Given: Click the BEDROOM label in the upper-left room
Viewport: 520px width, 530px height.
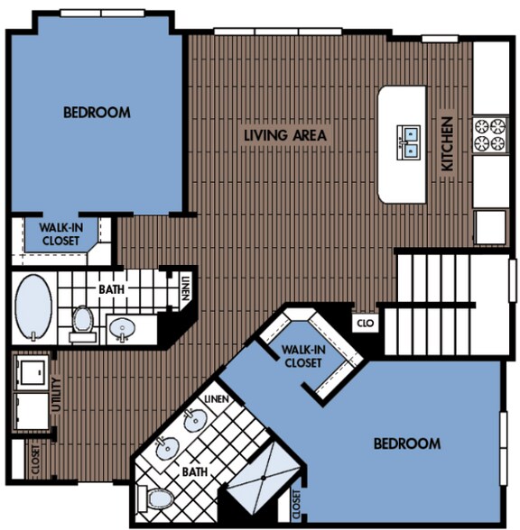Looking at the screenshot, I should [96, 113].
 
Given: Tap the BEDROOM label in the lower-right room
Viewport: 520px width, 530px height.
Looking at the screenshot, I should [407, 443].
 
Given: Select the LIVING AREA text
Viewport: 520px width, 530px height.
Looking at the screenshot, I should [285, 135].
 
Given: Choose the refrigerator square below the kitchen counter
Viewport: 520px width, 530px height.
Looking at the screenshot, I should [491, 226].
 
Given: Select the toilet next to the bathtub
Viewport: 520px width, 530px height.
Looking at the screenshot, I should [83, 319].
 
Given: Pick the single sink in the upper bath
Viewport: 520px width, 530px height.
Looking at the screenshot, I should [122, 329].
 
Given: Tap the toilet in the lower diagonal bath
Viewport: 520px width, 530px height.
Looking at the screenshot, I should [159, 498].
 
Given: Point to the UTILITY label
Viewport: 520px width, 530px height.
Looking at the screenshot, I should [56, 396].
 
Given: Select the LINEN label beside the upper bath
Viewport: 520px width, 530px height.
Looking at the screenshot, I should [184, 290].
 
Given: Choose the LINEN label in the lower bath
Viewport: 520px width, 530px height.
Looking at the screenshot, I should [217, 398].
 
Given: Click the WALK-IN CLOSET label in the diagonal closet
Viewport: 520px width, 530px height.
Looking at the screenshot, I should [302, 356].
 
